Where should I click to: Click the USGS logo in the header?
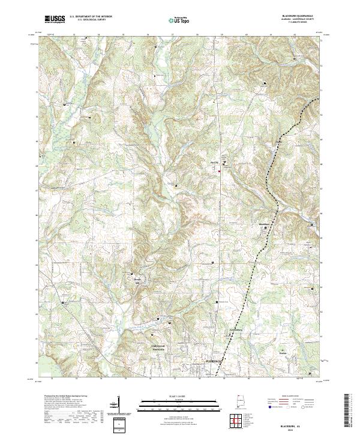(55, 19)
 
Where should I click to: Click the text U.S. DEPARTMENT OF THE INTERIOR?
(91, 17)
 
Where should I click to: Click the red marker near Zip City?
(220, 172)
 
